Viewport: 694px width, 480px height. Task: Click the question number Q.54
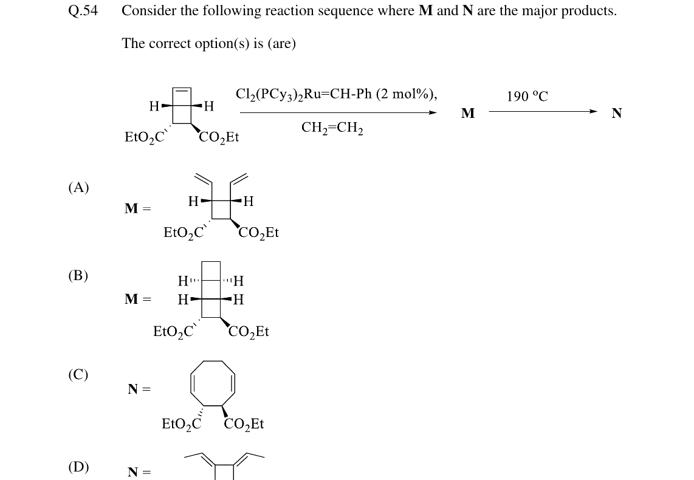coord(83,10)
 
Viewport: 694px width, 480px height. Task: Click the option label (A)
coord(79,187)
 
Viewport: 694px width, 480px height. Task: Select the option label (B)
coord(78,275)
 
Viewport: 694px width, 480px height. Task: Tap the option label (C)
coord(78,374)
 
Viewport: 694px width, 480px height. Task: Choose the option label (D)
coord(79,466)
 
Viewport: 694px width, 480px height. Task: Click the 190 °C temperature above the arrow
coord(527,96)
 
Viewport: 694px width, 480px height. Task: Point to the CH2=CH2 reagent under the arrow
coord(332,128)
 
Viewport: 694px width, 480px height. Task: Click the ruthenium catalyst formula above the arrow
coord(337,94)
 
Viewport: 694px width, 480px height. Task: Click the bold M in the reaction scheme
coord(468,113)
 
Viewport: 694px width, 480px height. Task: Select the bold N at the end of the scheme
coord(617,113)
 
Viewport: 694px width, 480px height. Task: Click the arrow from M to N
coord(543,111)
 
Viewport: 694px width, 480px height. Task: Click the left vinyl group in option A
coord(203,178)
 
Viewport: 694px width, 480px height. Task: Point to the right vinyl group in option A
coord(239,178)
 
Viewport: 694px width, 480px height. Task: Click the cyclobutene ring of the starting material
coord(182,88)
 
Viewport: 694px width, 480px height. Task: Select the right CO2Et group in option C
coord(244,424)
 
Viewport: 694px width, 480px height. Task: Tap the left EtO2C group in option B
coord(174,331)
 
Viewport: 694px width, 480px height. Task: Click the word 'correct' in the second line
coord(170,43)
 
